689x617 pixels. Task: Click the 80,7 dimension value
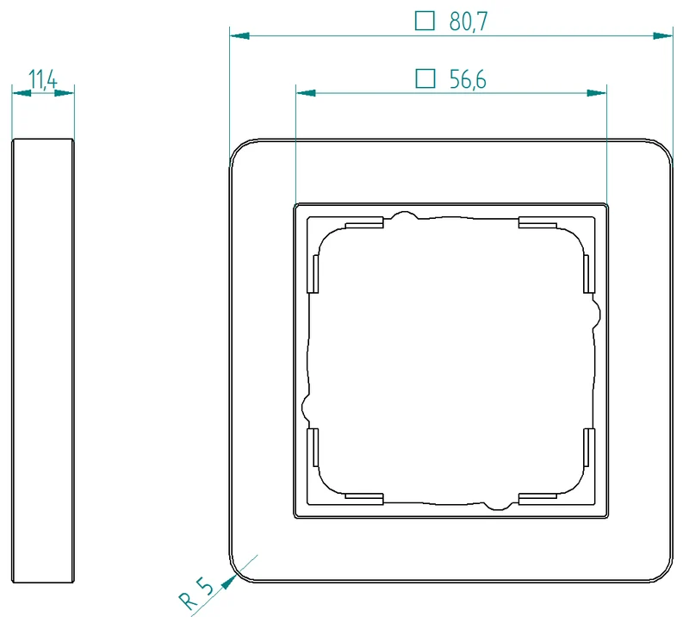coord(469,22)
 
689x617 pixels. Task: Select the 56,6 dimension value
coord(468,79)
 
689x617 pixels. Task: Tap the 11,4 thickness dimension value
coord(42,79)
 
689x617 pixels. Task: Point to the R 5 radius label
coord(196,594)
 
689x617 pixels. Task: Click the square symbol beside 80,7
coord(425,21)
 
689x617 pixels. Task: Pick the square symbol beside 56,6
coord(425,78)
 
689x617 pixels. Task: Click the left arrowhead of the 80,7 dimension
coord(240,35)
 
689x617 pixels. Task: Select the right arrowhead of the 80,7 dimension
coord(662,35)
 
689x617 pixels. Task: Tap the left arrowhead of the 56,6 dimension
coord(307,93)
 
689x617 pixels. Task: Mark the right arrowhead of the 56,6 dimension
coord(597,93)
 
